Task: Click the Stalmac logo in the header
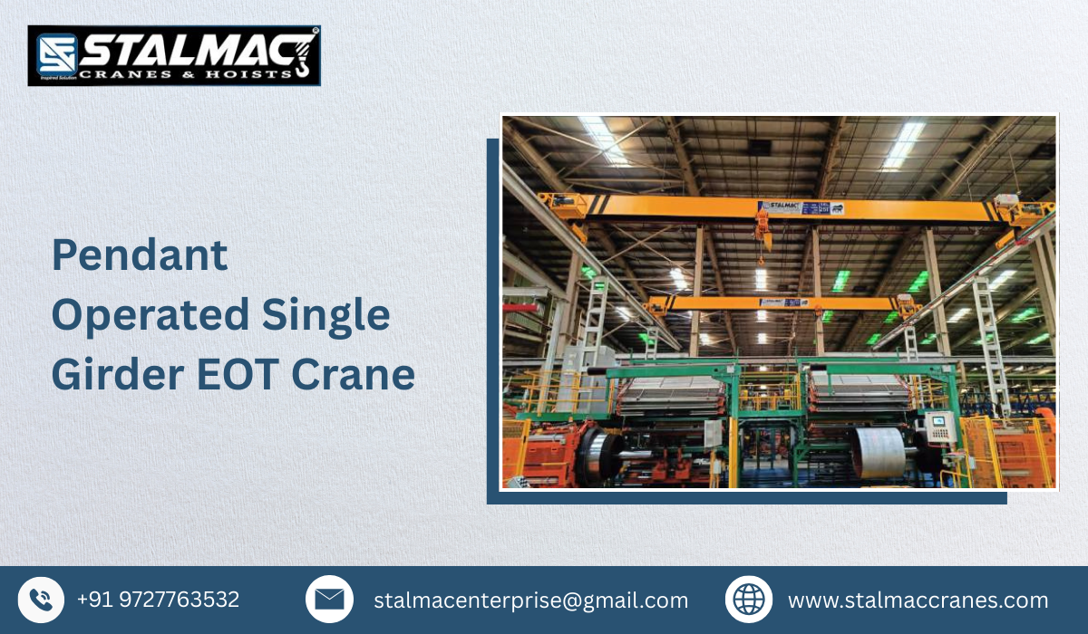tap(174, 55)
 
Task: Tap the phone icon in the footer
tap(41, 600)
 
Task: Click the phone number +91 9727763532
tap(158, 600)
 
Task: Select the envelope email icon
tap(329, 600)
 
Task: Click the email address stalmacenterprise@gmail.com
tap(530, 600)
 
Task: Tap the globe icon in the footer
tap(749, 600)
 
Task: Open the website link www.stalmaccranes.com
tap(918, 600)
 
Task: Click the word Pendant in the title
tap(140, 255)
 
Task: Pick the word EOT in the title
tap(248, 374)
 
